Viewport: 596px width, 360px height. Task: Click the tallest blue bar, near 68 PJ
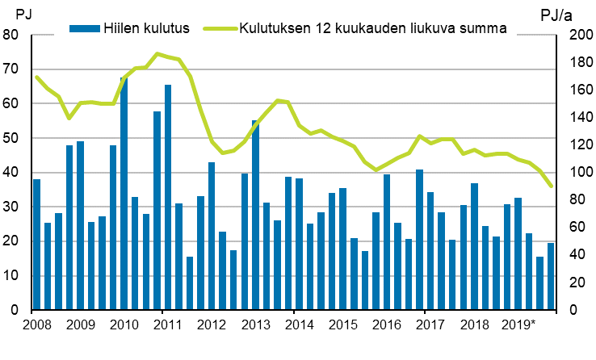124,194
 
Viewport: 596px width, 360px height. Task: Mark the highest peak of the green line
157,54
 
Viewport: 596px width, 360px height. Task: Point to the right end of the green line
551,186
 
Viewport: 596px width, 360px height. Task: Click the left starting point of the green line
37,77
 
